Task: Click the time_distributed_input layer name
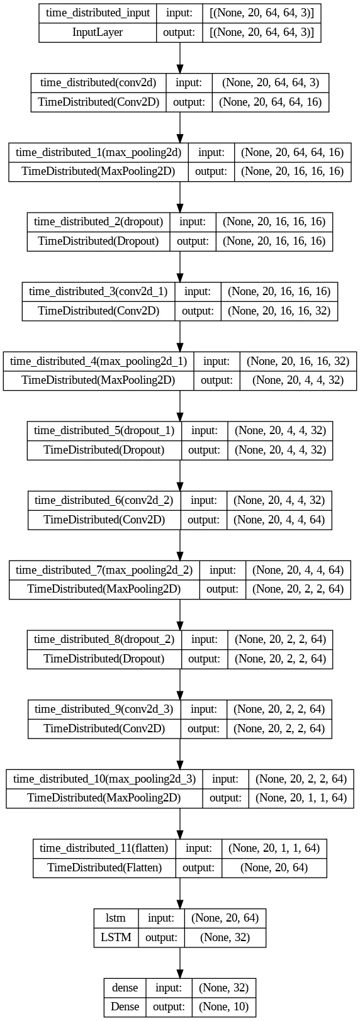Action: tap(98, 13)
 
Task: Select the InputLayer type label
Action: tap(98, 32)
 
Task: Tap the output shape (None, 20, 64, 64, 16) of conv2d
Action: tap(271, 102)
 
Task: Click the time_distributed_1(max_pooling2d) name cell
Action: tap(99, 152)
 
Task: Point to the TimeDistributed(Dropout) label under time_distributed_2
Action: tap(99, 241)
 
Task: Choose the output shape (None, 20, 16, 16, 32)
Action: tap(279, 311)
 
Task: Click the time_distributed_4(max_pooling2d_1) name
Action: tap(99, 362)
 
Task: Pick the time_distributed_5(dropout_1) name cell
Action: tap(104, 431)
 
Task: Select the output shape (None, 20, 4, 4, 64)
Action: tap(279, 520)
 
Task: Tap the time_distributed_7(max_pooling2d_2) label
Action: tap(104, 570)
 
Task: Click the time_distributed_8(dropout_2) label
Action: tap(104, 640)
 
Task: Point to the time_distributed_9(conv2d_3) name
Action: tap(104, 709)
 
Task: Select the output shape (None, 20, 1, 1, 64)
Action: tap(301, 798)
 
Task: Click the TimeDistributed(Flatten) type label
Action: tap(104, 868)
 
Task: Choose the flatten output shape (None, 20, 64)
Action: tap(274, 868)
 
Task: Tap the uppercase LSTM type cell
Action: tap(116, 937)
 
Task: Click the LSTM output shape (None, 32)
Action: tap(225, 937)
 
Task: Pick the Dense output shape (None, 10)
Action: tap(223, 1007)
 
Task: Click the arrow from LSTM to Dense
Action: tap(180, 962)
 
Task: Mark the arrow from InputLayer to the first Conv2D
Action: tap(180, 58)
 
